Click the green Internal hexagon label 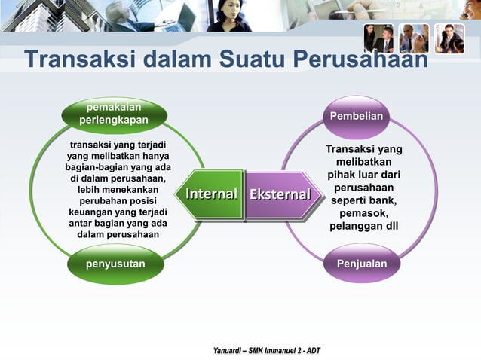tap(211, 194)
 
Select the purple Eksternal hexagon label tap(280, 195)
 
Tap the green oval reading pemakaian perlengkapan tap(114, 114)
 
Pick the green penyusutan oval tap(115, 264)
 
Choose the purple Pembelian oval tap(356, 117)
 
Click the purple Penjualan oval tap(362, 264)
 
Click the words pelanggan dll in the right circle tap(364, 227)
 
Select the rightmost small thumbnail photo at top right tap(449, 38)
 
